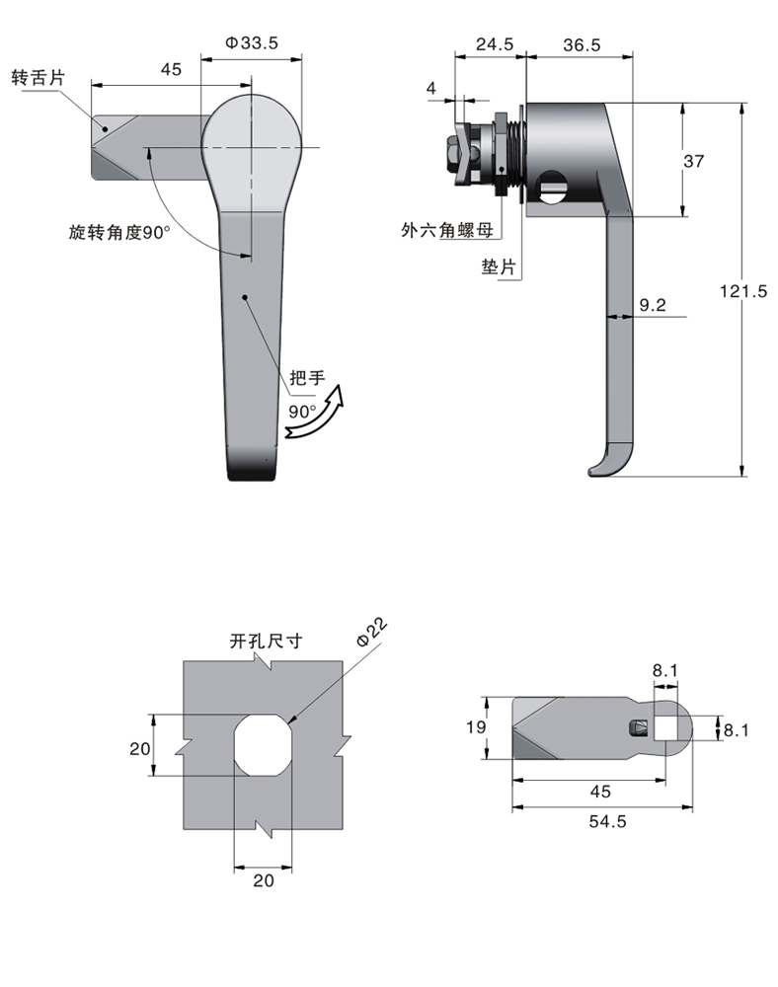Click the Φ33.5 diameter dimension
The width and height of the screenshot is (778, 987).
click(252, 42)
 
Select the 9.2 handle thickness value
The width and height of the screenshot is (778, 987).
click(653, 306)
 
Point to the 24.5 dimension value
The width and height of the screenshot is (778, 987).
click(494, 43)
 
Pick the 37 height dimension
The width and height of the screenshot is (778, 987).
click(693, 161)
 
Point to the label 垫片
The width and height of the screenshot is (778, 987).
click(498, 266)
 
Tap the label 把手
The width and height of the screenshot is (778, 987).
click(306, 377)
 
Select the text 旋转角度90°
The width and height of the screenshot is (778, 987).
click(119, 233)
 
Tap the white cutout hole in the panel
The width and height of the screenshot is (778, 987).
click(263, 744)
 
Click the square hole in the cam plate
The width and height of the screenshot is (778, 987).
click(663, 728)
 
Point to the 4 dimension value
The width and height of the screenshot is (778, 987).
click(431, 89)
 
